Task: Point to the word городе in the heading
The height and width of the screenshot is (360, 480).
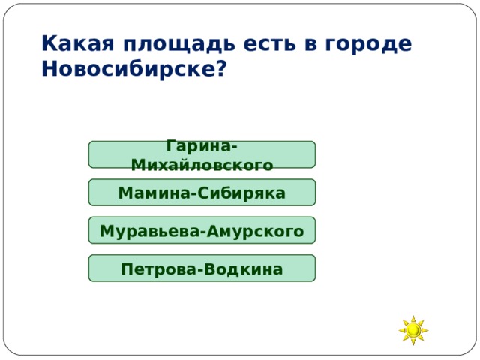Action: coord(368,44)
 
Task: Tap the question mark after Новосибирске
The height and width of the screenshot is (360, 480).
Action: coord(221,70)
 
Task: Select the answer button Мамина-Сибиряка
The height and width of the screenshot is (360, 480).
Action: coord(202,193)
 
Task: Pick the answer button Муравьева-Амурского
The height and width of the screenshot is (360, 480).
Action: coord(202,231)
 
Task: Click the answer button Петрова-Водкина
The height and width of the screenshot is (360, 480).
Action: coord(202,268)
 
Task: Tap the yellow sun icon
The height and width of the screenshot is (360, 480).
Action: coord(413,330)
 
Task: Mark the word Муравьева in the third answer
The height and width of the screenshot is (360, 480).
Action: coord(148,231)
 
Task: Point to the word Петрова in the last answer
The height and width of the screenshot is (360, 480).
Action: coord(157,268)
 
